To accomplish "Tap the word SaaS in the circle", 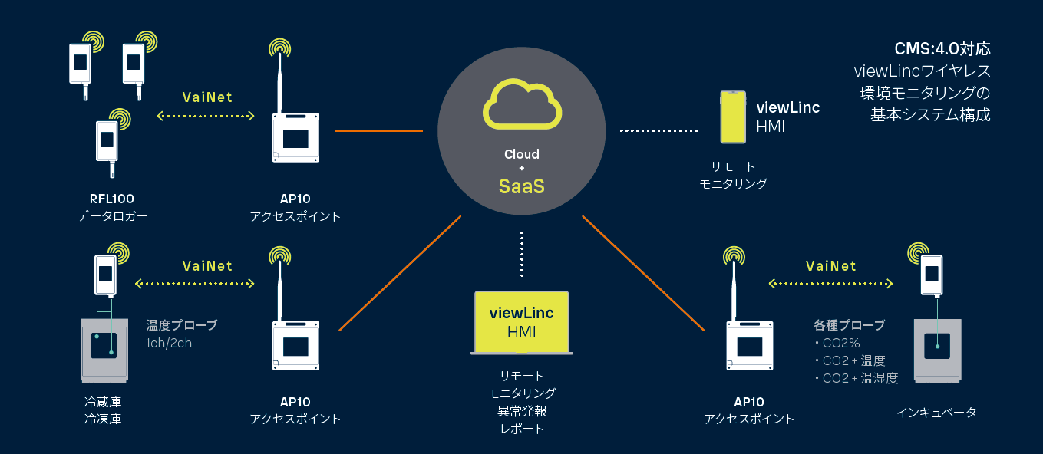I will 522,186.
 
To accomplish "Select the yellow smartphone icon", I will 733,117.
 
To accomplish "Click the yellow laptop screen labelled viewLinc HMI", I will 521,321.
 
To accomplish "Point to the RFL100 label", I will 112,199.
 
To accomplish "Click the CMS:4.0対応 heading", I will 942,49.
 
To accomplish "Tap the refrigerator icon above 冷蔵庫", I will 104,349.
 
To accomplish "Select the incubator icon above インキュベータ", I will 937,352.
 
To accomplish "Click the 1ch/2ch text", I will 169,343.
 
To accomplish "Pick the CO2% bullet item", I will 841,343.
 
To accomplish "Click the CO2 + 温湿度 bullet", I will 855,377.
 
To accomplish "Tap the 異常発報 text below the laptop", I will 521,411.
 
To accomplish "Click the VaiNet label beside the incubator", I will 831,266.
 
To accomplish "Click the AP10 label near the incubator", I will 749,402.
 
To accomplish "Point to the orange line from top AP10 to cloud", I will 378,130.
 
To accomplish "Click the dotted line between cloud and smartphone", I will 658,131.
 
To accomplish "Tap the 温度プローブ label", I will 182,325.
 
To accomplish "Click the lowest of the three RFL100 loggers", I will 106,142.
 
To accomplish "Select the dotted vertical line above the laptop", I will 521,253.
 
